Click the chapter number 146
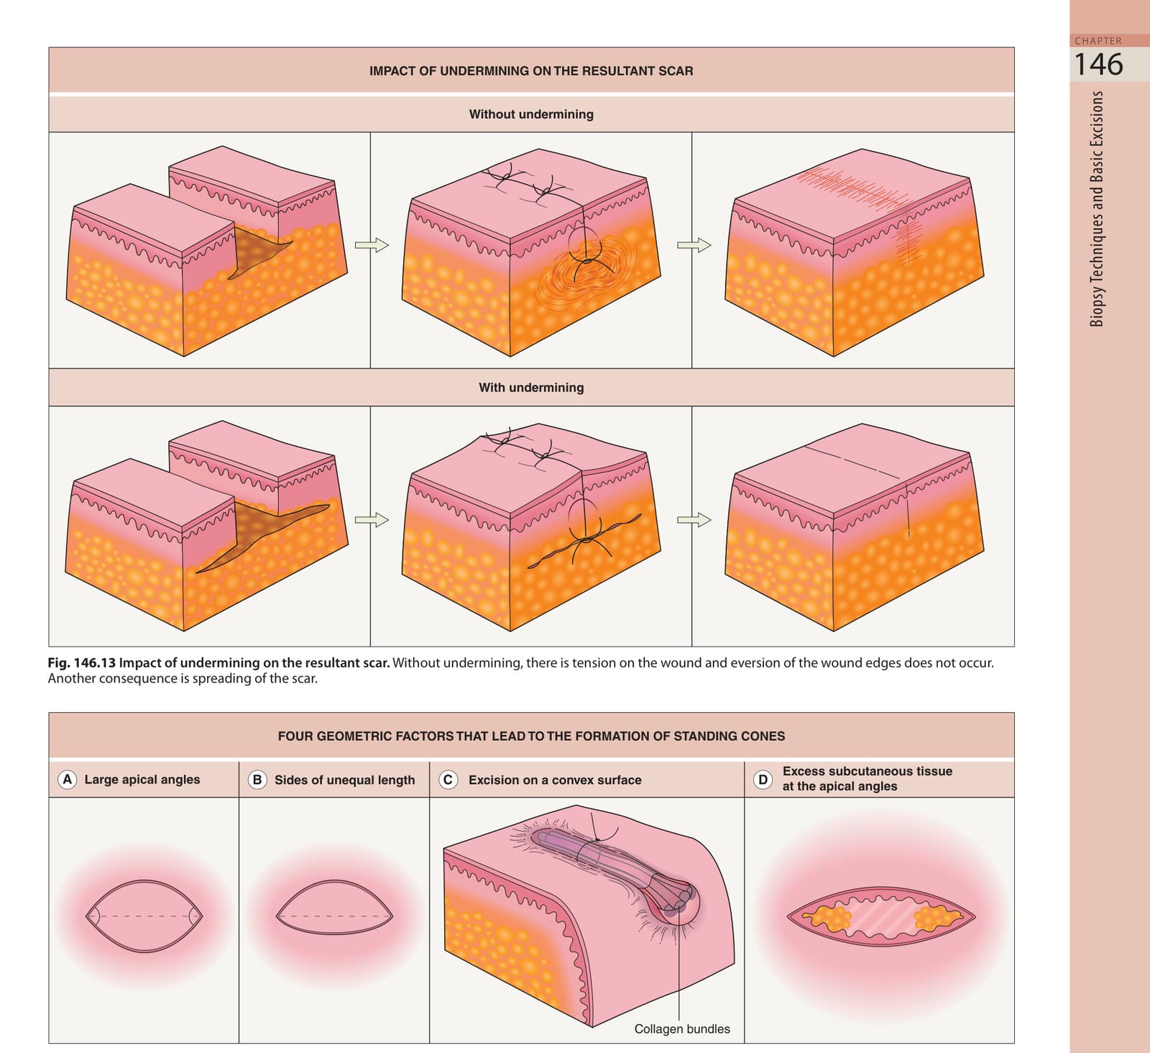point(1098,64)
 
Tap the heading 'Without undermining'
point(531,114)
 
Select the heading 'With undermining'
point(531,387)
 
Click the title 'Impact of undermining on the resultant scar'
point(531,70)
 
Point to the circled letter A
point(68,779)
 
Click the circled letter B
point(257,780)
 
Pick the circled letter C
point(448,780)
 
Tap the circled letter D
point(763,779)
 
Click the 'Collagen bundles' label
point(682,1029)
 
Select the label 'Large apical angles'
point(142,779)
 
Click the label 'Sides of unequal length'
point(345,780)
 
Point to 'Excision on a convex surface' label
point(555,780)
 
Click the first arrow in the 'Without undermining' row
point(372,245)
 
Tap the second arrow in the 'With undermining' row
point(694,519)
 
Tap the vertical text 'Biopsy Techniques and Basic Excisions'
point(1097,209)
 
